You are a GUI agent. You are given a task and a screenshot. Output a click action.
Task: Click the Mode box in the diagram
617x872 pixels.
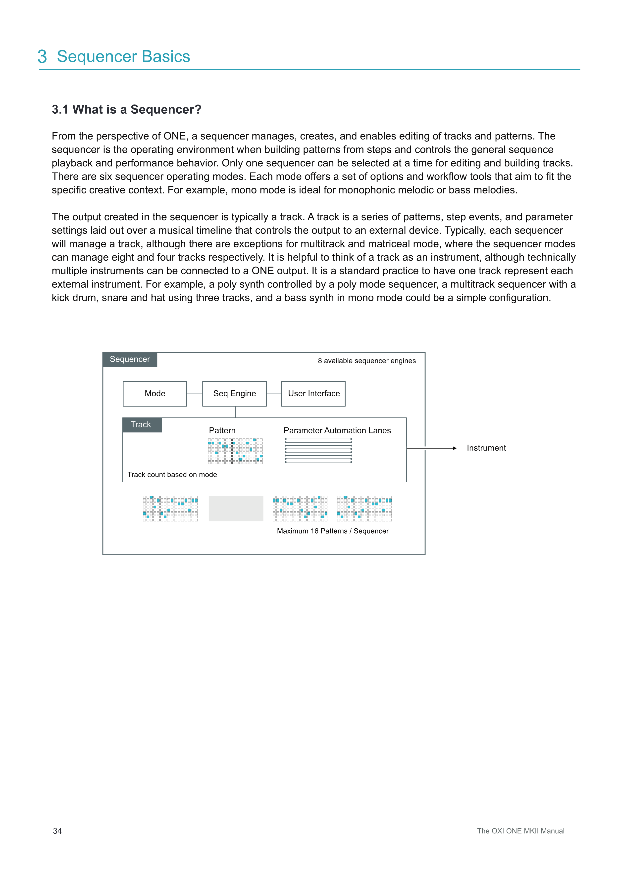(155, 393)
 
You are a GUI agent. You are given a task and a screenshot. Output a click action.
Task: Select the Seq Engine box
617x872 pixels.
(234, 393)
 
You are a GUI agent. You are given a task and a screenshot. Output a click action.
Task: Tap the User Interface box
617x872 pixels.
(313, 393)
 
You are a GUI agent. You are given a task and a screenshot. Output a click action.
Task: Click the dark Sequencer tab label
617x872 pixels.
(130, 359)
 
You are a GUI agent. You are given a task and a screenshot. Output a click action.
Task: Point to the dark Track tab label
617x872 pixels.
(141, 425)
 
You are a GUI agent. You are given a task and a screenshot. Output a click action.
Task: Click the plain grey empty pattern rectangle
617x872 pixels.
(236, 508)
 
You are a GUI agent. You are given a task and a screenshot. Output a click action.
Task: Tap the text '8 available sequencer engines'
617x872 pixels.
(367, 361)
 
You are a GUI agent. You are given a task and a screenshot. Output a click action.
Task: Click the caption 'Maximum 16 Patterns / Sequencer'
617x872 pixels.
(332, 531)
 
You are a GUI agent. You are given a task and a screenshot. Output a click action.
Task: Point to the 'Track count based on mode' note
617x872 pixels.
(172, 475)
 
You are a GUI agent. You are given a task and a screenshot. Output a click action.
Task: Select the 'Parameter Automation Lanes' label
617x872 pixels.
(337, 430)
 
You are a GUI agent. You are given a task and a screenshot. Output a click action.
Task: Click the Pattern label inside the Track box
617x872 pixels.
(222, 430)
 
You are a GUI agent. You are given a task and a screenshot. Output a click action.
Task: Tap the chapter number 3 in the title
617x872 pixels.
(42, 57)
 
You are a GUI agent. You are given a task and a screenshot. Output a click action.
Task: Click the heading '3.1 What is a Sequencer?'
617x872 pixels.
(127, 109)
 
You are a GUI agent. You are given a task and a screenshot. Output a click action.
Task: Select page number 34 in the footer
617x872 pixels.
(57, 831)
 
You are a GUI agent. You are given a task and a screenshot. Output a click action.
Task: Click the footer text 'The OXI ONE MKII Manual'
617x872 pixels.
(520, 831)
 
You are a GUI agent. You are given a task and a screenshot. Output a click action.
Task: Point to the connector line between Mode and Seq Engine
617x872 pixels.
(195, 394)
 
